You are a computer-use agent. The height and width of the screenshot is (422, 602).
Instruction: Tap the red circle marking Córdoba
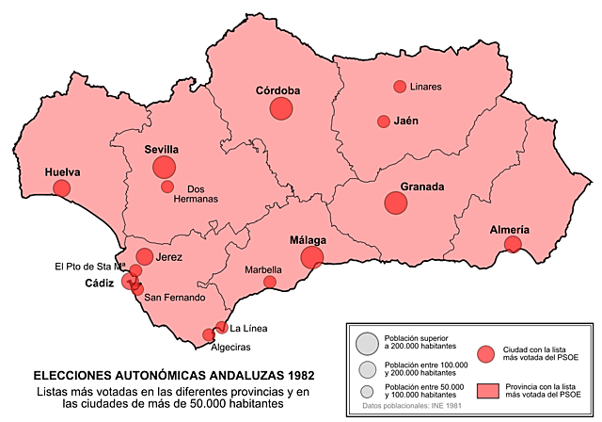281,108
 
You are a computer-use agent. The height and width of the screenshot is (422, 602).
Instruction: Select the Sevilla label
162,149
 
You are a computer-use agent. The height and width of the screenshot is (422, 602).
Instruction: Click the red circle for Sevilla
164,168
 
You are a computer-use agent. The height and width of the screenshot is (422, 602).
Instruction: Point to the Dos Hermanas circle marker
167,187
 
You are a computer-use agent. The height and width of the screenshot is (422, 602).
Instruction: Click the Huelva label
62,172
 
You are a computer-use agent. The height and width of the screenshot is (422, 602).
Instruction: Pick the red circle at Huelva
61,189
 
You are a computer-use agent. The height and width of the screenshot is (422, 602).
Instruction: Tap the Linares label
426,87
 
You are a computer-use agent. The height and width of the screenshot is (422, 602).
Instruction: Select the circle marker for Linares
400,87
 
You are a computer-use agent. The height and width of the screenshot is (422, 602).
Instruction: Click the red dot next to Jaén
384,122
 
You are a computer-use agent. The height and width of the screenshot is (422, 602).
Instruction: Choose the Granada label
422,187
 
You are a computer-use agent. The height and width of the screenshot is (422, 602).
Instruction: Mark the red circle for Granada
396,203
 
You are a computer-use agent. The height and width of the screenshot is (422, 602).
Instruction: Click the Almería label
510,230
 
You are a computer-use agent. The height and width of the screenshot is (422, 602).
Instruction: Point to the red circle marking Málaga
312,257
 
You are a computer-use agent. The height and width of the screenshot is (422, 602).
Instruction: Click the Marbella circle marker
270,282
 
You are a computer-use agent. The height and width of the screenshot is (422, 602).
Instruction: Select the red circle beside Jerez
145,256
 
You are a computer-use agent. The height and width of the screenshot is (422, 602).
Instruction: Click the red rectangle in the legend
487,390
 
